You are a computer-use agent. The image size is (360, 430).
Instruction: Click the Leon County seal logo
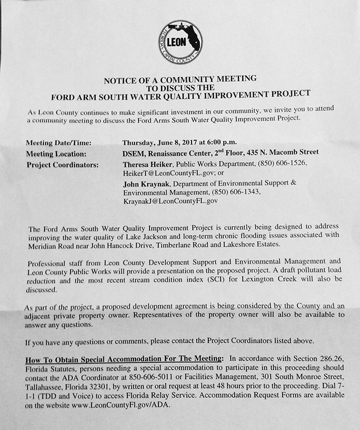(x=180, y=42)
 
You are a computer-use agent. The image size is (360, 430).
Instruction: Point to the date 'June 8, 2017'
(x=181, y=142)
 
